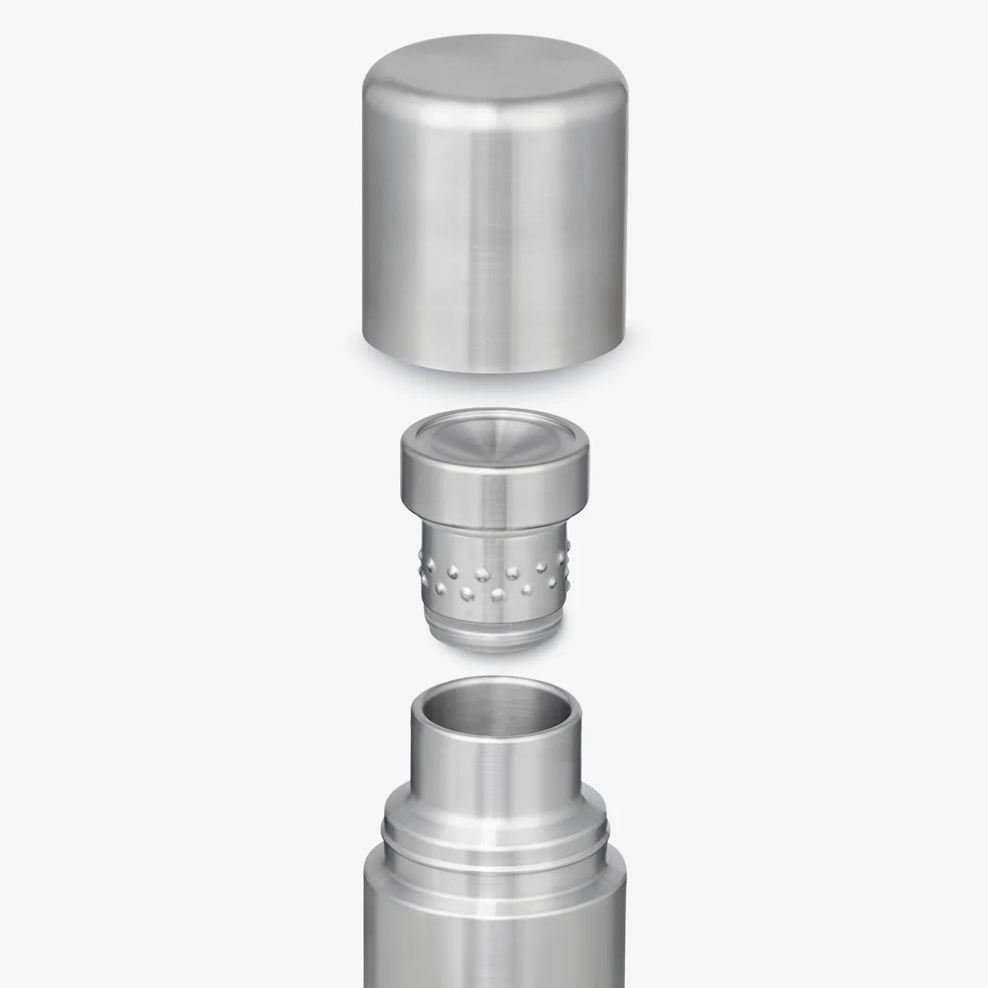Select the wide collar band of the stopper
494,494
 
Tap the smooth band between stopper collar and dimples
494,535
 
